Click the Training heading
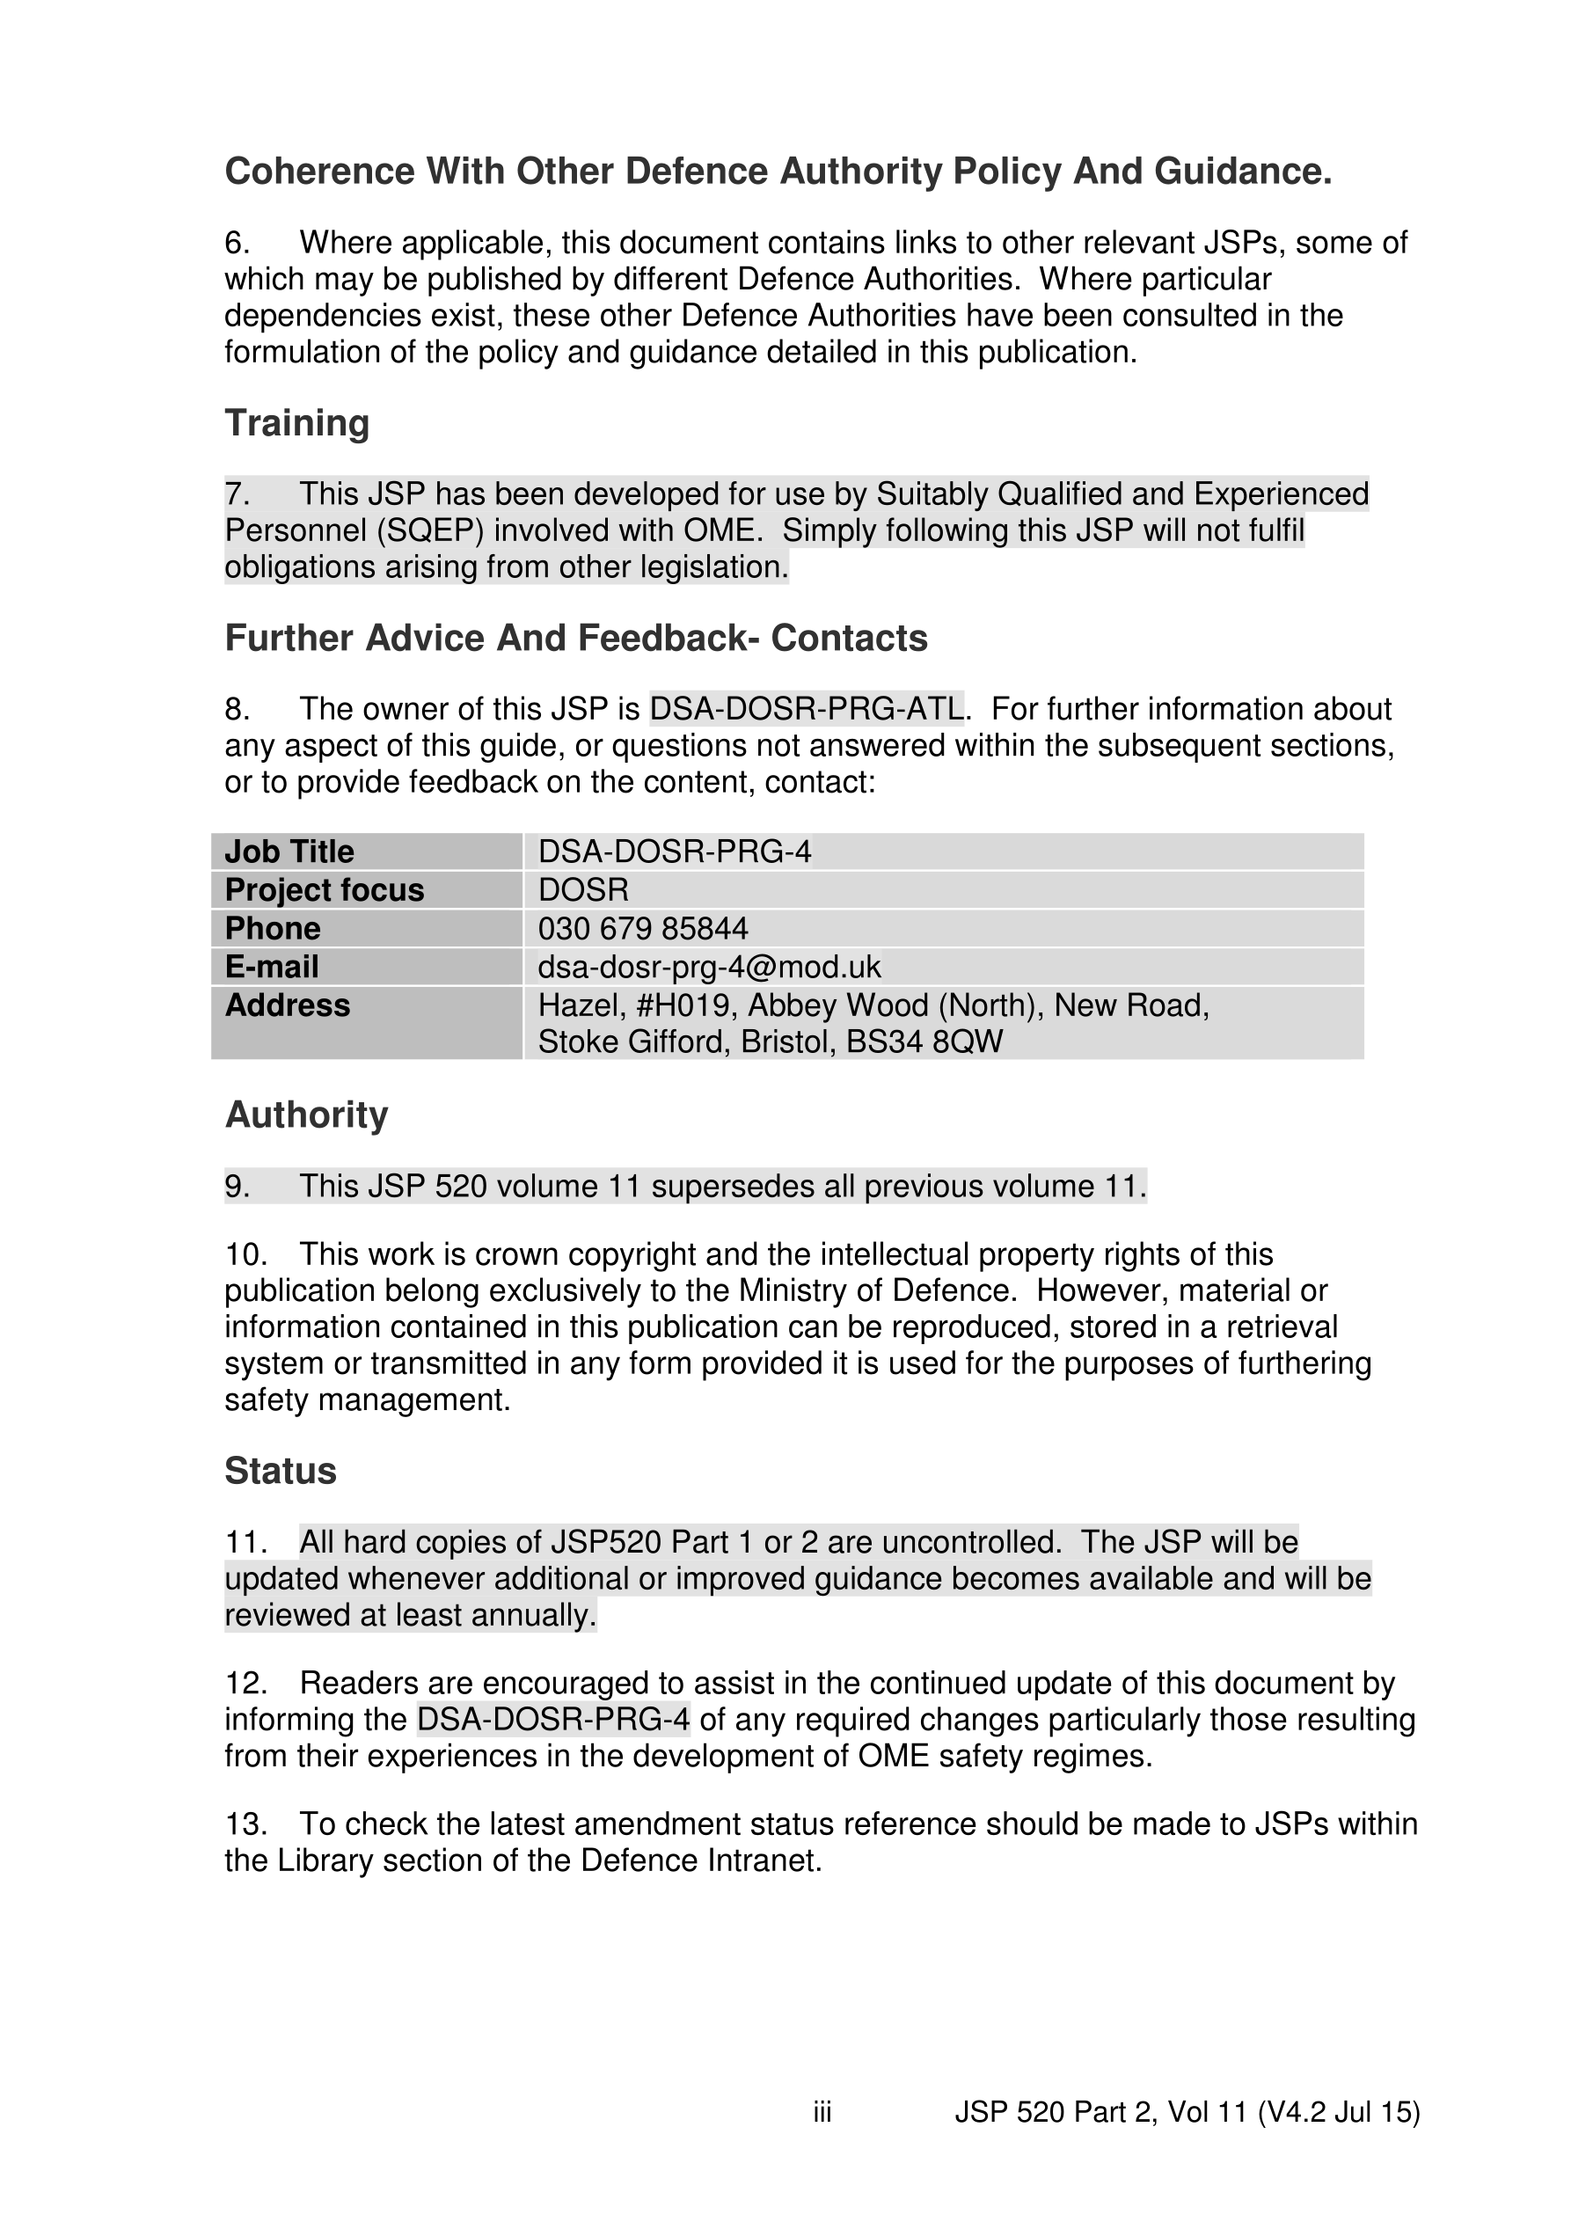[x=297, y=424]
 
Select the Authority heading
[x=306, y=1115]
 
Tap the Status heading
[x=281, y=1471]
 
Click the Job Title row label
[x=289, y=852]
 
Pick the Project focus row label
[x=325, y=890]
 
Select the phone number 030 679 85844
[x=643, y=929]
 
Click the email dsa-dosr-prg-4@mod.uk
[x=710, y=967]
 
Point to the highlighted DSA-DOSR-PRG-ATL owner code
[x=807, y=709]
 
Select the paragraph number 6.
[x=237, y=243]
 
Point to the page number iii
[x=822, y=2112]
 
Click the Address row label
[x=288, y=1006]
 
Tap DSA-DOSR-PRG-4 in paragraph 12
[x=553, y=1720]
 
